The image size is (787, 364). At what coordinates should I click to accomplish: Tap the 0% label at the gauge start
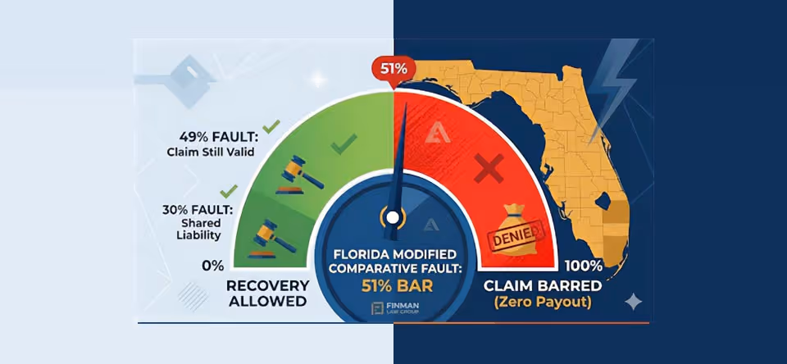[x=212, y=266]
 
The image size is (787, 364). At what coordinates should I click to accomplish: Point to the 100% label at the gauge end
[x=585, y=266]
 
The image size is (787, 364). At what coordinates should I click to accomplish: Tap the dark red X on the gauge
[x=489, y=171]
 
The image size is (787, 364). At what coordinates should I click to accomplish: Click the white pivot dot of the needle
[x=393, y=217]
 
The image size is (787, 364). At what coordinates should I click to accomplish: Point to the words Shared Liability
[x=199, y=230]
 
